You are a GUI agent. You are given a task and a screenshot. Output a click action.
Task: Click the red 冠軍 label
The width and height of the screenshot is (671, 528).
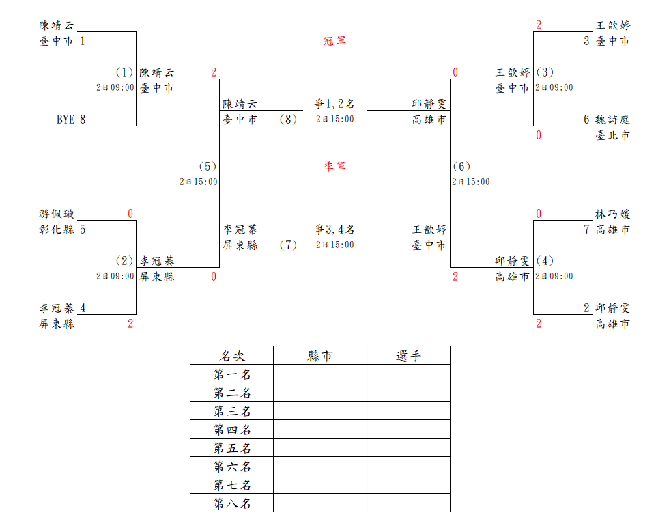point(334,41)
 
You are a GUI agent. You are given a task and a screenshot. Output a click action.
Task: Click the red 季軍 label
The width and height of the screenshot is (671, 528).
point(334,167)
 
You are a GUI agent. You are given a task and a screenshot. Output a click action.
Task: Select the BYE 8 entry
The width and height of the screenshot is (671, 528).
point(71,120)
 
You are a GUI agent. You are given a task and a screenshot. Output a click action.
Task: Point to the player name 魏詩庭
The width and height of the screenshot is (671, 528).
point(612,120)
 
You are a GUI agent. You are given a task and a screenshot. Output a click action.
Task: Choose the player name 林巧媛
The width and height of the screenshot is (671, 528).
point(612,214)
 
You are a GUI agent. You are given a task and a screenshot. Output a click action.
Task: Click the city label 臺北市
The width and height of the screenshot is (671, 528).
point(612,135)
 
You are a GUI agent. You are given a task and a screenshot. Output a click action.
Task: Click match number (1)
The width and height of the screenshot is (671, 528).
point(124,72)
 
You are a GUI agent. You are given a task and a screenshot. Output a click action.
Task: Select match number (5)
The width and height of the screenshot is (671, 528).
point(208,167)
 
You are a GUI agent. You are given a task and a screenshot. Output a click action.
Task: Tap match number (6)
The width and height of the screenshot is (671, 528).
point(461,167)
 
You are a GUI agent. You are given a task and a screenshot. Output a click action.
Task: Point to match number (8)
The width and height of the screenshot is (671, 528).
point(288,120)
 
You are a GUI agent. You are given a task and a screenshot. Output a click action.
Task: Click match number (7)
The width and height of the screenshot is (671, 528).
point(288,245)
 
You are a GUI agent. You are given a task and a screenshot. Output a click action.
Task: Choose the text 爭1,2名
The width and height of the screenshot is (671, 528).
point(334,104)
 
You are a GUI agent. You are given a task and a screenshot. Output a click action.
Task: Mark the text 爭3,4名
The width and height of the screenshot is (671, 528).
point(334,230)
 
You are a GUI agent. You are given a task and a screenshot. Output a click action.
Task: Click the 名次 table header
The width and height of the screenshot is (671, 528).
point(232,356)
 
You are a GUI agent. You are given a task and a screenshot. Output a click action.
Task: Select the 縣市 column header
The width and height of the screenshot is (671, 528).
point(320,356)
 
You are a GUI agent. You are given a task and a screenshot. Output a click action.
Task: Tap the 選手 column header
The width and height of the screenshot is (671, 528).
point(408,356)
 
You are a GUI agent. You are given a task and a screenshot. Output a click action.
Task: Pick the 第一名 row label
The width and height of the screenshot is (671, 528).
point(232,374)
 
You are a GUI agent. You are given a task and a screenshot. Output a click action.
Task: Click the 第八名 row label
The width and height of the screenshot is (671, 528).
point(232,503)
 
